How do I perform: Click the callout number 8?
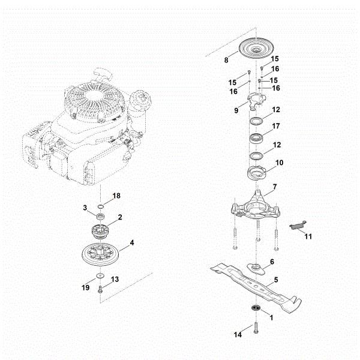point(226,60)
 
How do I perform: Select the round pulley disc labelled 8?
point(256,48)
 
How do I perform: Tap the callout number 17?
point(276,127)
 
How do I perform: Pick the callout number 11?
point(308,237)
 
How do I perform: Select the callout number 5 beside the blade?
point(275,280)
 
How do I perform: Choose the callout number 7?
point(274,187)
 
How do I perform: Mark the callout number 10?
point(279,163)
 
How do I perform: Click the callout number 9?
point(236,110)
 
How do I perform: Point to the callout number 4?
point(132,244)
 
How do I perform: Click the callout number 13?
point(115,279)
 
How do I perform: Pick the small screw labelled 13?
point(100,289)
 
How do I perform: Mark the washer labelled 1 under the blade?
point(256,308)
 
